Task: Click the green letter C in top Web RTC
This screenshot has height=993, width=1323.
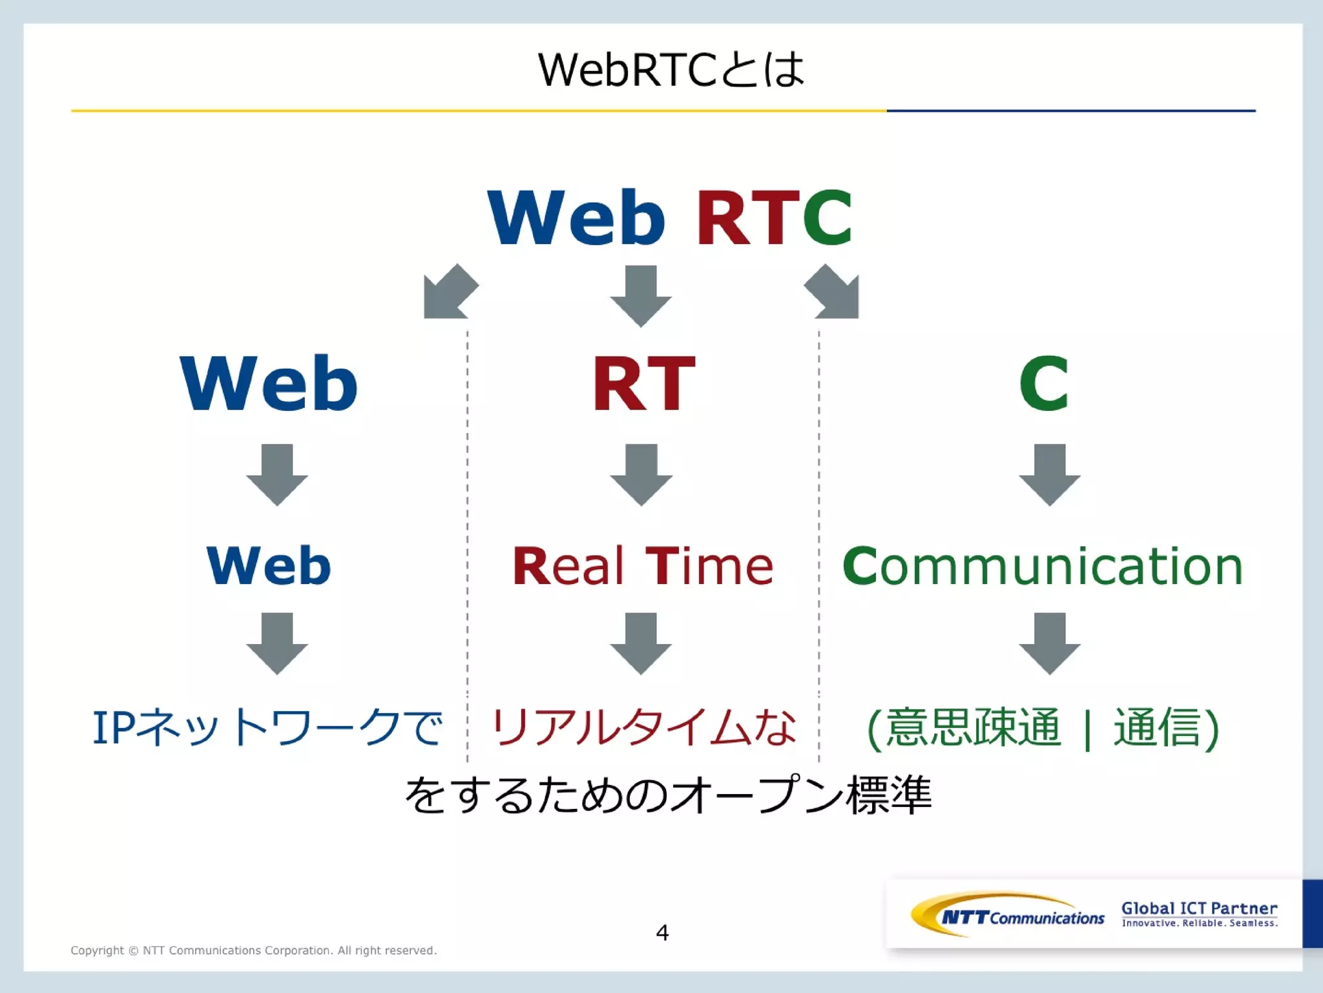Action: coord(828,218)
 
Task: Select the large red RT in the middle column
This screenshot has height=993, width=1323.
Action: coord(644,384)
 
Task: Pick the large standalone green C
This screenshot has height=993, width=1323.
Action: coord(1043,384)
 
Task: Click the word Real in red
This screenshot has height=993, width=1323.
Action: coord(568,567)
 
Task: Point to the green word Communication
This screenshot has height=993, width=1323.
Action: coord(1043,567)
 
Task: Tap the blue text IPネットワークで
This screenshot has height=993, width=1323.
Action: coord(267,728)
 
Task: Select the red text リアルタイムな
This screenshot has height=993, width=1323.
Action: coord(643,728)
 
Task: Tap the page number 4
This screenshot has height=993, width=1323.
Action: coord(662,933)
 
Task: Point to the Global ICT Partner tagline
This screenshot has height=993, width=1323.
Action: coord(1199,914)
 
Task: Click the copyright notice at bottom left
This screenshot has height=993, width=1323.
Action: coord(253,950)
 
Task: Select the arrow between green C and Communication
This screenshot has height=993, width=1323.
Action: coord(1049,475)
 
